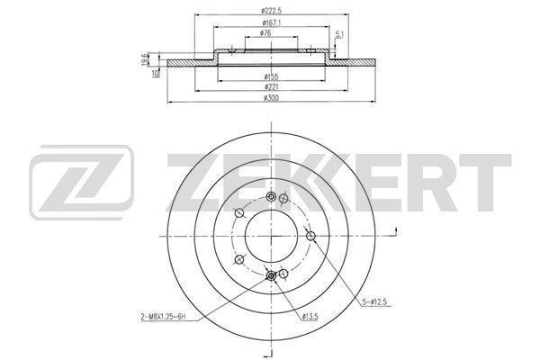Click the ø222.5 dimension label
(x=271, y=11)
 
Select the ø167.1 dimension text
(x=272, y=22)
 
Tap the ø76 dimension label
(x=265, y=33)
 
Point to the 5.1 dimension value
(x=340, y=34)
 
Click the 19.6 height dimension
(x=145, y=59)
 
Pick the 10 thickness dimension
(x=156, y=73)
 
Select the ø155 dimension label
(x=271, y=76)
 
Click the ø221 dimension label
(x=271, y=86)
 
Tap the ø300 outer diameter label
(x=271, y=98)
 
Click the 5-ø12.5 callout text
(x=374, y=302)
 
